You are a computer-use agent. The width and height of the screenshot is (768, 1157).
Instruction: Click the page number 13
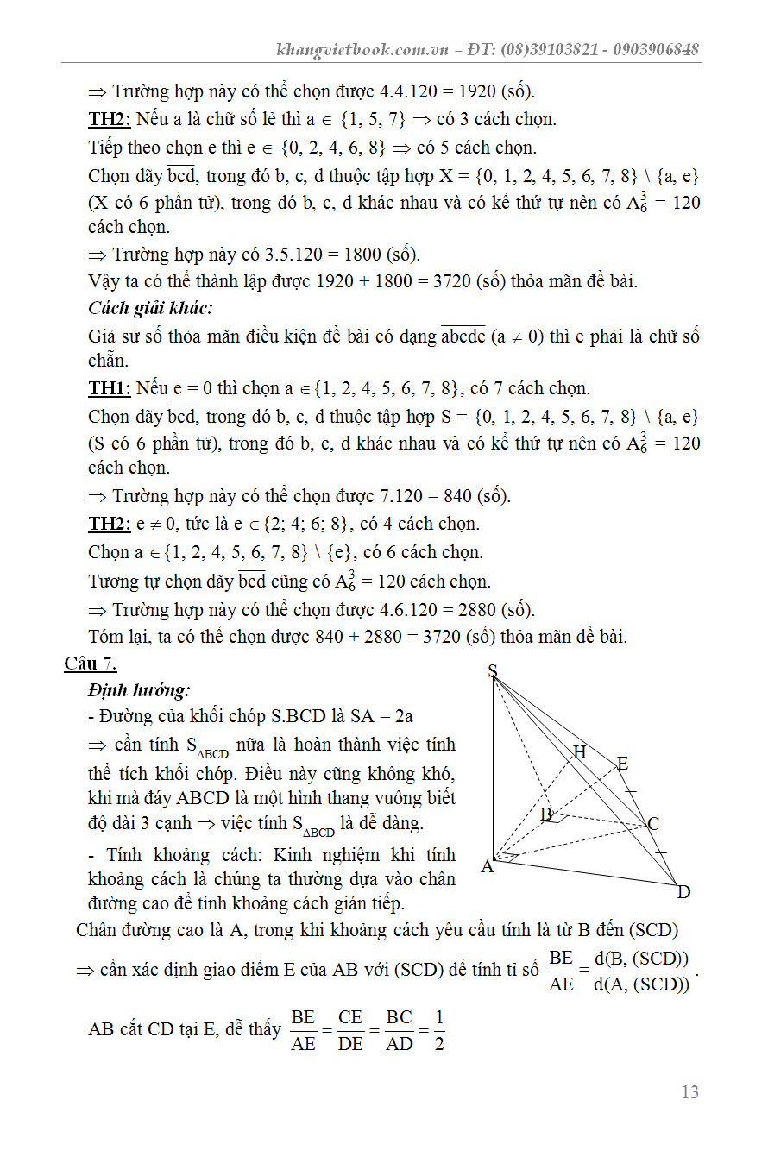pyautogui.click(x=689, y=1092)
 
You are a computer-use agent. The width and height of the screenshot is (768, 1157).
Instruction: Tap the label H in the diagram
pyautogui.click(x=580, y=752)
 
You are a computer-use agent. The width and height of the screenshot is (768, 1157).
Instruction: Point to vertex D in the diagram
pyautogui.click(x=683, y=892)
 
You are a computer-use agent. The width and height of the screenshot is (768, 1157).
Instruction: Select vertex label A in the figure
pyautogui.click(x=487, y=866)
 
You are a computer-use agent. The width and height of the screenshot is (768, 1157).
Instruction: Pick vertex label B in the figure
pyautogui.click(x=546, y=814)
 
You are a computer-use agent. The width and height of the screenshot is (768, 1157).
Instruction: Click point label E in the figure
pyautogui.click(x=622, y=764)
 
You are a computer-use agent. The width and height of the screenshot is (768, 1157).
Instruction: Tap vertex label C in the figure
pyautogui.click(x=653, y=824)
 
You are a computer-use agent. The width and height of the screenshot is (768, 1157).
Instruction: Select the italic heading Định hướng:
pyautogui.click(x=139, y=690)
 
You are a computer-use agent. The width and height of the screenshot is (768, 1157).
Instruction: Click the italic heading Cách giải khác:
pyautogui.click(x=150, y=308)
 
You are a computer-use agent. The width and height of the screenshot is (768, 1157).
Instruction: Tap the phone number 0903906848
pyautogui.click(x=656, y=49)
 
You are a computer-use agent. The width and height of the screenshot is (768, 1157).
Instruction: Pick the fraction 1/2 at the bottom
pyautogui.click(x=438, y=1030)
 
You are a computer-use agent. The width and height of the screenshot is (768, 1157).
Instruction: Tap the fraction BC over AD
pyautogui.click(x=400, y=1030)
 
